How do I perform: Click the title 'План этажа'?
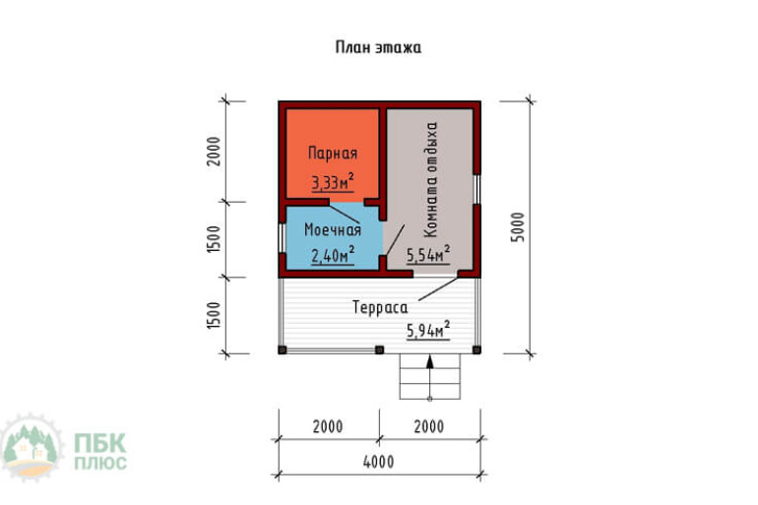click(379, 47)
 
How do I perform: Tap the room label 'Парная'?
click(333, 154)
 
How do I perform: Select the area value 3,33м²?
click(333, 182)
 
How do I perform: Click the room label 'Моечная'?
click(333, 229)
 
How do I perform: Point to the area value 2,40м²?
click(333, 255)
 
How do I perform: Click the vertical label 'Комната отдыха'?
click(430, 179)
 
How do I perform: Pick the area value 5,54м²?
click(428, 254)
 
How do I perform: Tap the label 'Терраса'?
click(380, 307)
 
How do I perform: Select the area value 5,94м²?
click(428, 330)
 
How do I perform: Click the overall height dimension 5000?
click(518, 227)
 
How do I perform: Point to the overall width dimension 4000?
click(379, 462)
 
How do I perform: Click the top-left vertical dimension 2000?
click(214, 152)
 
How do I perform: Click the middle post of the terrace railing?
click(379, 349)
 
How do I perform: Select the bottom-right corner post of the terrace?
click(476, 349)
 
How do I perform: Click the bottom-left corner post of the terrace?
click(283, 349)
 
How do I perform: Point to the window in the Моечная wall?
click(282, 237)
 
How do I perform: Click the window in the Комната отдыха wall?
click(476, 189)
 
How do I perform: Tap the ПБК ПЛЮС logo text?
click(100, 451)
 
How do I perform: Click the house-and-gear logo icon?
click(32, 448)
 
